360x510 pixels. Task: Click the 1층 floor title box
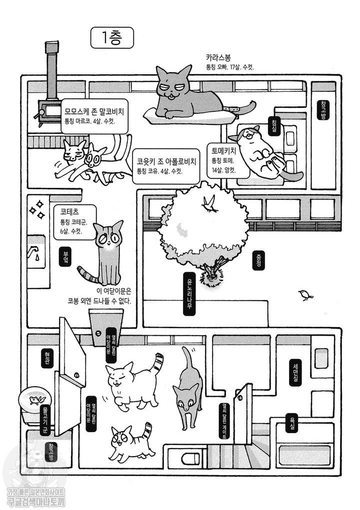(112, 37)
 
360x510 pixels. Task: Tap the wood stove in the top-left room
(50, 107)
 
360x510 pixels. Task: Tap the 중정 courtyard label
(258, 260)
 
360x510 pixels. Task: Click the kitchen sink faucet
(35, 252)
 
